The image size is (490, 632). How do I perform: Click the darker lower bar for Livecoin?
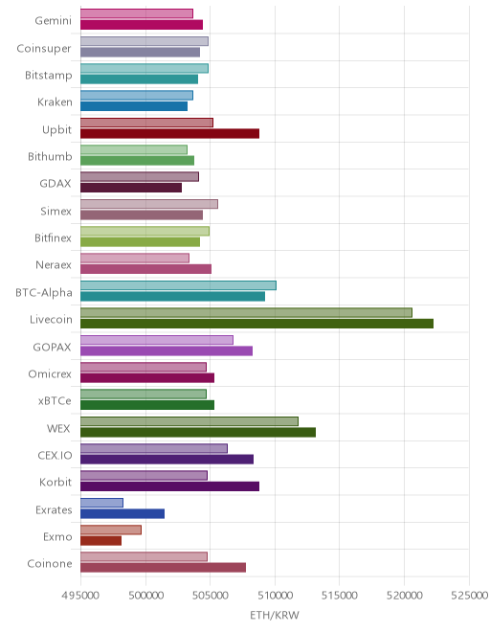tap(256, 324)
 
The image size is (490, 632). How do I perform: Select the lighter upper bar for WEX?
tap(189, 421)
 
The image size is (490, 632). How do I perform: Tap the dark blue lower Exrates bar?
tap(122, 513)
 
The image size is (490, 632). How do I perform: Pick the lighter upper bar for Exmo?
tap(111, 530)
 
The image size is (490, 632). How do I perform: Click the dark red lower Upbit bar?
tap(169, 134)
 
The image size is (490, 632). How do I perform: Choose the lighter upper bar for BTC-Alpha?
tap(178, 285)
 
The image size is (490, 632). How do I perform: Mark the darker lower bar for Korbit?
tap(169, 486)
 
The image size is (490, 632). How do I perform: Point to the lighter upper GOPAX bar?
tap(157, 340)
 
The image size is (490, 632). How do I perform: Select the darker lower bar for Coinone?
tap(164, 568)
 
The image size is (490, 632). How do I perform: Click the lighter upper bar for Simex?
tap(149, 204)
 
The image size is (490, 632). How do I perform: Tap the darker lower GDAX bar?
tap(131, 188)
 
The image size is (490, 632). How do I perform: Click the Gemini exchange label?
tap(54, 20)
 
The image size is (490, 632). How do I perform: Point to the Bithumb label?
tap(50, 156)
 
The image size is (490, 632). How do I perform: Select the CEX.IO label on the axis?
tap(55, 456)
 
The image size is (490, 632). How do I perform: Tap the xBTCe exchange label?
tap(55, 401)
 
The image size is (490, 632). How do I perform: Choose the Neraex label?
tap(54, 265)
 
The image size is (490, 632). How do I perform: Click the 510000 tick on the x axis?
tap(275, 596)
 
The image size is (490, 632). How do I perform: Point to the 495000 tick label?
tap(80, 596)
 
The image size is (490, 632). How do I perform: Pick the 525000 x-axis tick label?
tap(470, 596)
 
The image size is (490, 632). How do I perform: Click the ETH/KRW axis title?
tap(275, 615)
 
